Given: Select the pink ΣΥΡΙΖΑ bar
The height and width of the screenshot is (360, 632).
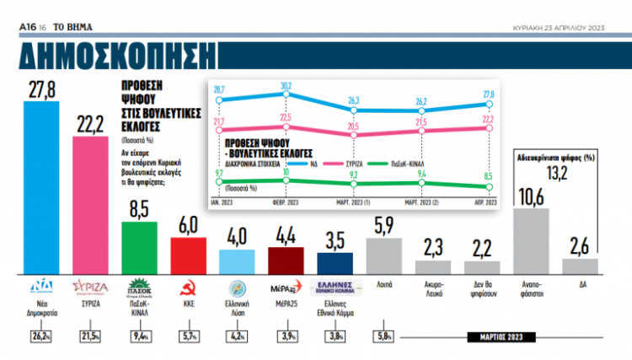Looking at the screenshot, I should coord(91,202).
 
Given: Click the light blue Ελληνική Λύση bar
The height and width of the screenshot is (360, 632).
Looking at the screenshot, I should coord(237,261).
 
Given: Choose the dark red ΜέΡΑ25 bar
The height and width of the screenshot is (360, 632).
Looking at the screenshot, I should coord(286,259).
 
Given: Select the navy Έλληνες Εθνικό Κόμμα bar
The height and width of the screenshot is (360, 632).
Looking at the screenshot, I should coord(335,262).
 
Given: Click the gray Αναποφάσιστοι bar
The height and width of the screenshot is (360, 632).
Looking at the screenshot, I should coord(531,239).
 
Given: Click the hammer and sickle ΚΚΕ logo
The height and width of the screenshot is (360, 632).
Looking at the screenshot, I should coord(188,285).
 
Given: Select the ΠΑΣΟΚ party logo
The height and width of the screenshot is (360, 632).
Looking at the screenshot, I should coord(139,285).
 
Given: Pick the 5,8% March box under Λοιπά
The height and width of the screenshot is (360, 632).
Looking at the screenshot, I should coord(383,337).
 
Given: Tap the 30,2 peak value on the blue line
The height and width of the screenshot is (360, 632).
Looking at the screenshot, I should coord(287,85).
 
